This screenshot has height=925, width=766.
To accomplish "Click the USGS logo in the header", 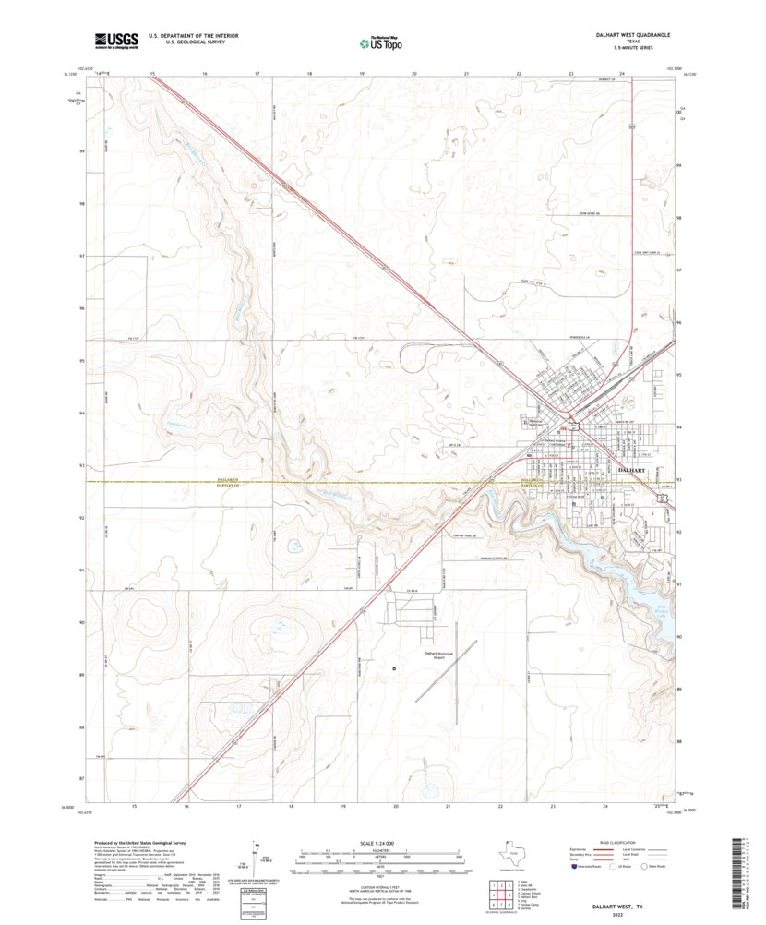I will click(115, 40).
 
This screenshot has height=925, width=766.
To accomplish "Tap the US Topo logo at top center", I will click(381, 42).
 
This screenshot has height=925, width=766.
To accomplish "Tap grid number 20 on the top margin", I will click(414, 73).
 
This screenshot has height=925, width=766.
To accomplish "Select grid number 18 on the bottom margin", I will click(292, 806).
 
